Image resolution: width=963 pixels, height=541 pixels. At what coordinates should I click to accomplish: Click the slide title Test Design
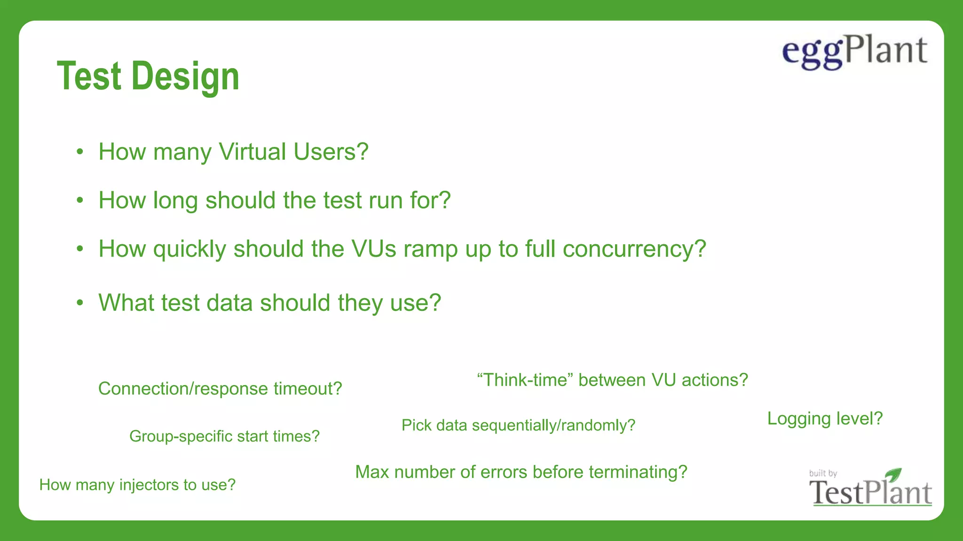148,76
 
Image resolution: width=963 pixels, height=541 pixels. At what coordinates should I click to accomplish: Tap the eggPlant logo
854,52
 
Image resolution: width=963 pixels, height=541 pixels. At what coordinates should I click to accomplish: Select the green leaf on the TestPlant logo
893,474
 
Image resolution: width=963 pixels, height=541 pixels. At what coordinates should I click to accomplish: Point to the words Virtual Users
293,152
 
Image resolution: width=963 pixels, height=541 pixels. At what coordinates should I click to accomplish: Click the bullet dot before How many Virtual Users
80,152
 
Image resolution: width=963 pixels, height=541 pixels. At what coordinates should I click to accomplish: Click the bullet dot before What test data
80,302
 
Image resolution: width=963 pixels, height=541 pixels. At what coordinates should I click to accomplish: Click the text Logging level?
825,418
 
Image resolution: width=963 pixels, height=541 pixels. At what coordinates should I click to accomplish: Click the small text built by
823,473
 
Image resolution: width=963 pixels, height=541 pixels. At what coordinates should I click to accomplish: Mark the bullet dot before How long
80,200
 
